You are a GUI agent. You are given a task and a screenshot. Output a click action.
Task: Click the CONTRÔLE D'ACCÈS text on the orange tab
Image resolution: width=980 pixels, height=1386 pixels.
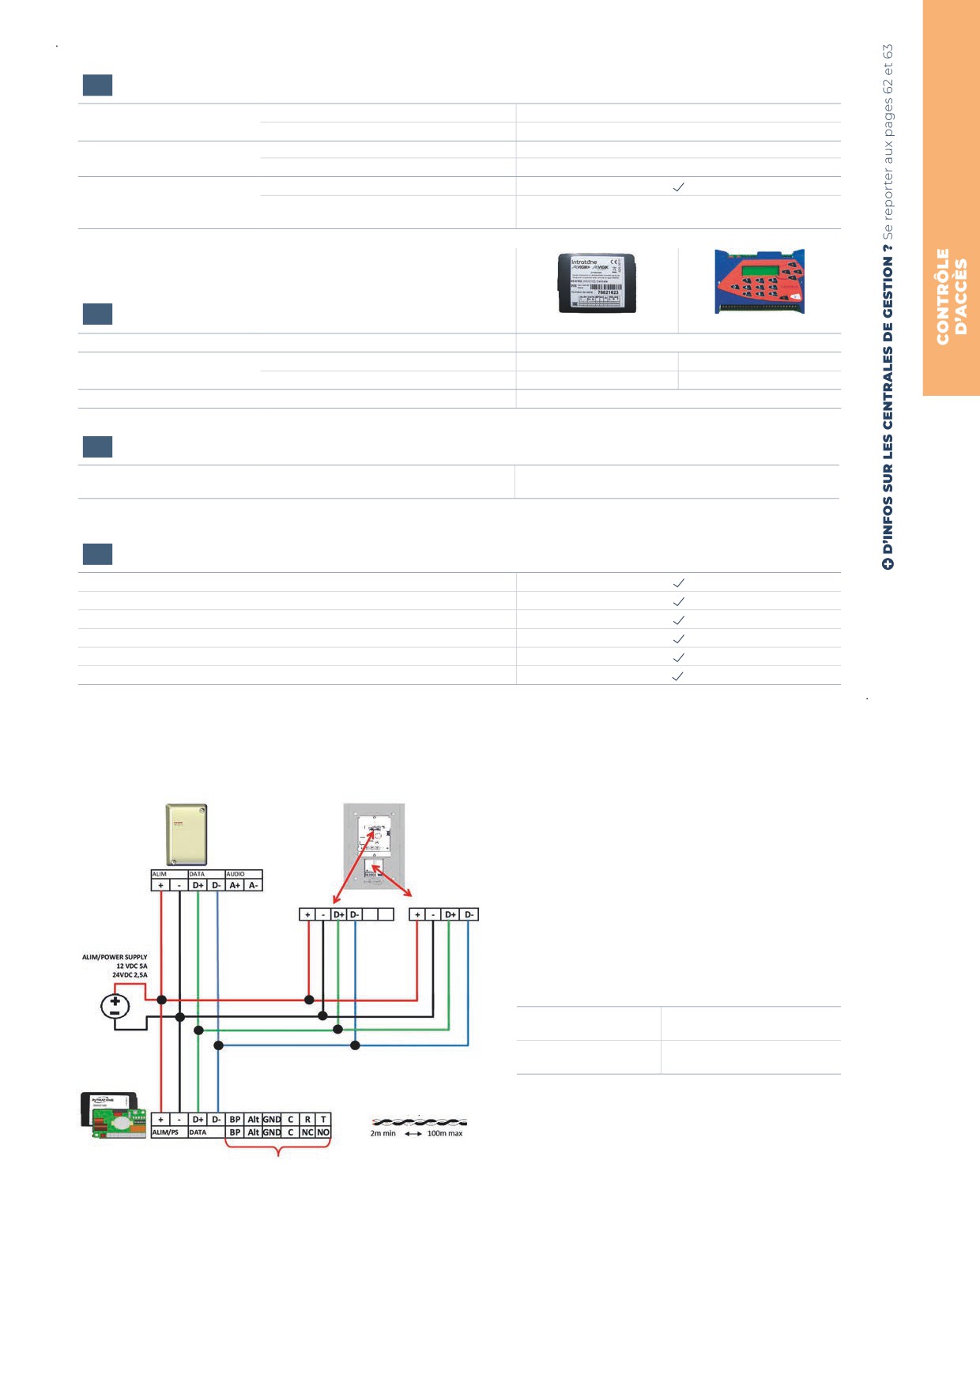coord(952,296)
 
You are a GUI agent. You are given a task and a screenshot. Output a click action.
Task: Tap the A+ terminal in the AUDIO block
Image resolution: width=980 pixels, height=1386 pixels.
coord(235,885)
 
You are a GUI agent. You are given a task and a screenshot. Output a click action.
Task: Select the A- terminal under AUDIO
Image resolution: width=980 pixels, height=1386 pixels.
coord(254,885)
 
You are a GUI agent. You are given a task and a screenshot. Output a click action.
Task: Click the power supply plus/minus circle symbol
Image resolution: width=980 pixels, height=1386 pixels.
coord(115,1006)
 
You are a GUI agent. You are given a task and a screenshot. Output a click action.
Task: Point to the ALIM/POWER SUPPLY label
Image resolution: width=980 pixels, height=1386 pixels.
coord(115,957)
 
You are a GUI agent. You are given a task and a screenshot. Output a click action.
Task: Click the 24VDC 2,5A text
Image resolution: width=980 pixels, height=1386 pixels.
coord(130,975)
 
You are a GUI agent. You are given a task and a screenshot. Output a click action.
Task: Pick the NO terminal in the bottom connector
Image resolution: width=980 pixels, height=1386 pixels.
coord(323,1132)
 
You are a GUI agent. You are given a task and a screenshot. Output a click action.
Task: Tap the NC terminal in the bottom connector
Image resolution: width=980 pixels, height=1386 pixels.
coord(307,1132)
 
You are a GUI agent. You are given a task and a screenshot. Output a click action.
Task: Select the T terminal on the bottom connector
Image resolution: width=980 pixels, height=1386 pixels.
coord(323,1119)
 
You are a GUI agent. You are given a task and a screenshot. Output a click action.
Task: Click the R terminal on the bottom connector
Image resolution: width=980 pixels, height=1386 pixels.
coord(307,1119)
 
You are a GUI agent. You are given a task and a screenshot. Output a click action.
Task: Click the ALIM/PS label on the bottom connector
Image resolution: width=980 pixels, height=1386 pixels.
coord(165,1132)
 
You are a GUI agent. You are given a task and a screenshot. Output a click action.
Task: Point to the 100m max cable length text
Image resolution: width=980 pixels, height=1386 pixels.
coord(445,1133)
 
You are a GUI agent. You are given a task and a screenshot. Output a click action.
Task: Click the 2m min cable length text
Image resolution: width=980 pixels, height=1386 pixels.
coord(383,1133)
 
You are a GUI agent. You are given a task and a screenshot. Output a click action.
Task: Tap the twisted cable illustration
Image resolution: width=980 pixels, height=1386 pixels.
coord(419,1121)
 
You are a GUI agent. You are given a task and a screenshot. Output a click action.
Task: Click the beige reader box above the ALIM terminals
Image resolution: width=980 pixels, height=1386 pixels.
coord(187,834)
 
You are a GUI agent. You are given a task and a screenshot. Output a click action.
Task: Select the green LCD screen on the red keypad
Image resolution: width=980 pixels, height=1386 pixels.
coord(757,270)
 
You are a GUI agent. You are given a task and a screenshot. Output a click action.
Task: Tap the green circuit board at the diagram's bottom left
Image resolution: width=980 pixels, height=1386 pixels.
coord(119,1123)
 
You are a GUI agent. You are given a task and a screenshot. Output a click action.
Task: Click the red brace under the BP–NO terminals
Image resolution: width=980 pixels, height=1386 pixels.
coord(277,1150)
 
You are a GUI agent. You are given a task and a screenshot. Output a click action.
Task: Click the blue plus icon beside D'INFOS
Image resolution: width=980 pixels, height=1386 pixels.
coord(888,564)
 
